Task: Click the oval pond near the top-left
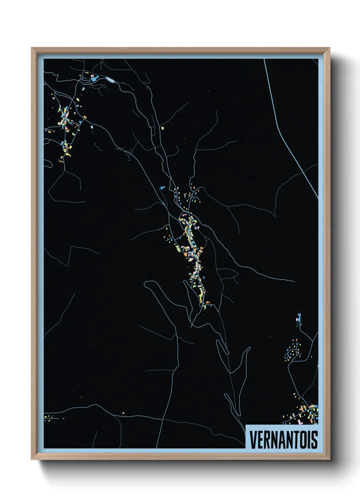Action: pos(110,80)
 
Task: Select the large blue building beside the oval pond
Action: pos(93,79)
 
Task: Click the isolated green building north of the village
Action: pos(162,128)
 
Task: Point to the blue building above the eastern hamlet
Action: pos(299,317)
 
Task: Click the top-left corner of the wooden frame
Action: pos(32,48)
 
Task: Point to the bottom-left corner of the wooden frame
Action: pos(32,459)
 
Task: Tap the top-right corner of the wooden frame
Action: pos(329,48)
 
